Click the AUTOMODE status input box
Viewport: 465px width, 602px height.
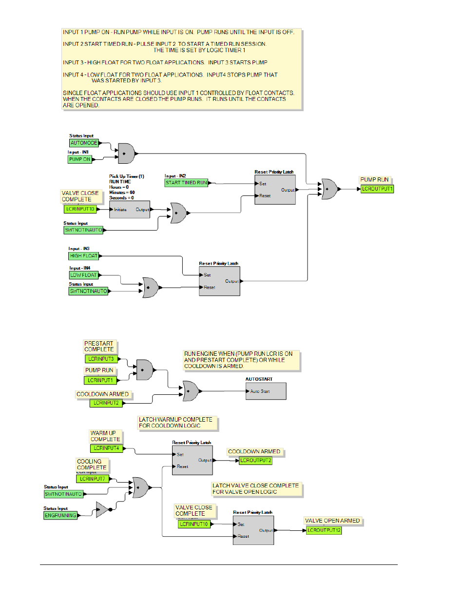click(84, 143)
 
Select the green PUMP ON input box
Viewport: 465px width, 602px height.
click(80, 159)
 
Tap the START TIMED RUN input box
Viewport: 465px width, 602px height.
click(186, 183)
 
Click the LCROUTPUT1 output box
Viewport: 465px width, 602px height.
click(377, 189)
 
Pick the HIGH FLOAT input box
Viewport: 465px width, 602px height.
click(84, 256)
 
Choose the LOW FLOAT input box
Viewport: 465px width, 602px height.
click(83, 275)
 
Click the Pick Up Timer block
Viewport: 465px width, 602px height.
click(130, 210)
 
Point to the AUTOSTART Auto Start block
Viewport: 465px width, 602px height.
click(266, 391)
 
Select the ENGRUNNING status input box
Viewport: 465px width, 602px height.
click(60, 515)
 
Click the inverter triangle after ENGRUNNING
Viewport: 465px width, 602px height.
click(101, 509)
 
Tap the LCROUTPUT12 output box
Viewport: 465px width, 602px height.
click(324, 530)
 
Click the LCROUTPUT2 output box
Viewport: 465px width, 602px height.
click(255, 461)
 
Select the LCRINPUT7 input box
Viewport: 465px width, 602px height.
click(93, 479)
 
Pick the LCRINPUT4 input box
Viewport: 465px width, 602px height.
click(106, 448)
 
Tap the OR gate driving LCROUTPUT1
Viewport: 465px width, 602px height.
click(329, 189)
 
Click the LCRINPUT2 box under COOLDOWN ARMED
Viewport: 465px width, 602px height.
click(106, 403)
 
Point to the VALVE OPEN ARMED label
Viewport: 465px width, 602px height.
click(332, 521)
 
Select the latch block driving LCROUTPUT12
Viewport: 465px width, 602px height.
click(253, 530)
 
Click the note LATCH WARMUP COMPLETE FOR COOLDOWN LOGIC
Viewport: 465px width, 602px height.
click(177, 423)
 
